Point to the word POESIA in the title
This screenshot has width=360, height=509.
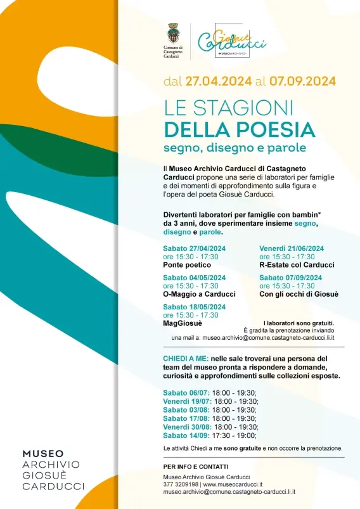(275, 129)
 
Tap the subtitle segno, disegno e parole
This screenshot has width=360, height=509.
(225, 148)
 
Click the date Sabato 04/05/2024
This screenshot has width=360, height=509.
(194, 278)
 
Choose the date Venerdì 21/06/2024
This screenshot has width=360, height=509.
(292, 248)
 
